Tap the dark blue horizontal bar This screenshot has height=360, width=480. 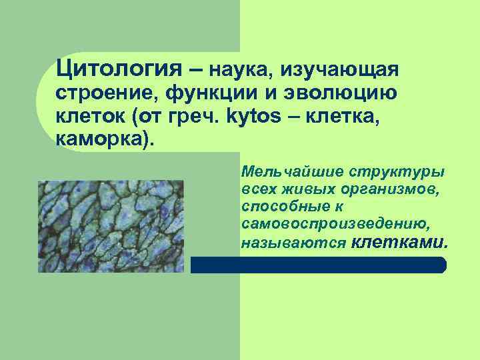point(318,265)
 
